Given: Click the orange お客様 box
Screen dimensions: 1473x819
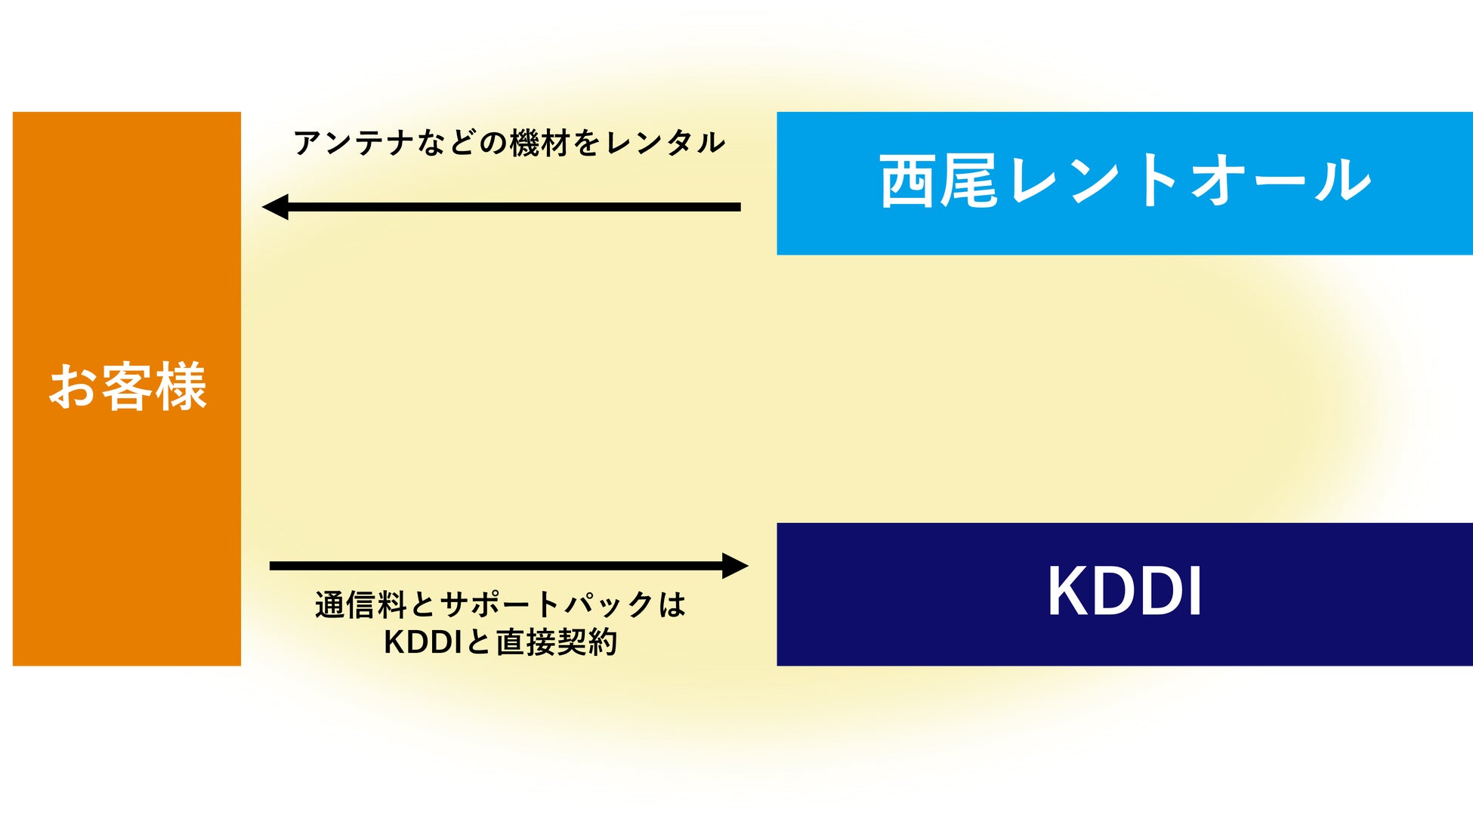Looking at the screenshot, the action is [127, 529].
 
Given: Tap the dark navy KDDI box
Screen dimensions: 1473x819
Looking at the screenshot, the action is [1124, 642].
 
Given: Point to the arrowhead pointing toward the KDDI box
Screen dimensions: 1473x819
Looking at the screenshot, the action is [734, 565].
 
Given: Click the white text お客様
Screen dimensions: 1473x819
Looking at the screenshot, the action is [127, 387].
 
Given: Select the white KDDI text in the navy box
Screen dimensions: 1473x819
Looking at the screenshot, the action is [1124, 592].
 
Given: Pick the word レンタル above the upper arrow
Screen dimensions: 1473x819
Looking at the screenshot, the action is [665, 143].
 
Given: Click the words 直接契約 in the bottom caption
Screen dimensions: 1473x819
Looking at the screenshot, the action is [557, 643].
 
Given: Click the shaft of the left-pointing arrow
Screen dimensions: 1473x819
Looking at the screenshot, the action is [514, 206].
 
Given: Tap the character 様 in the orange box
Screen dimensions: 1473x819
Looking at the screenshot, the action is [180, 387].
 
